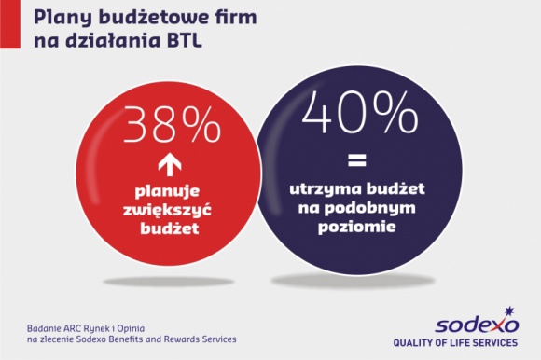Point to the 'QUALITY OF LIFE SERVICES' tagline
476,341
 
